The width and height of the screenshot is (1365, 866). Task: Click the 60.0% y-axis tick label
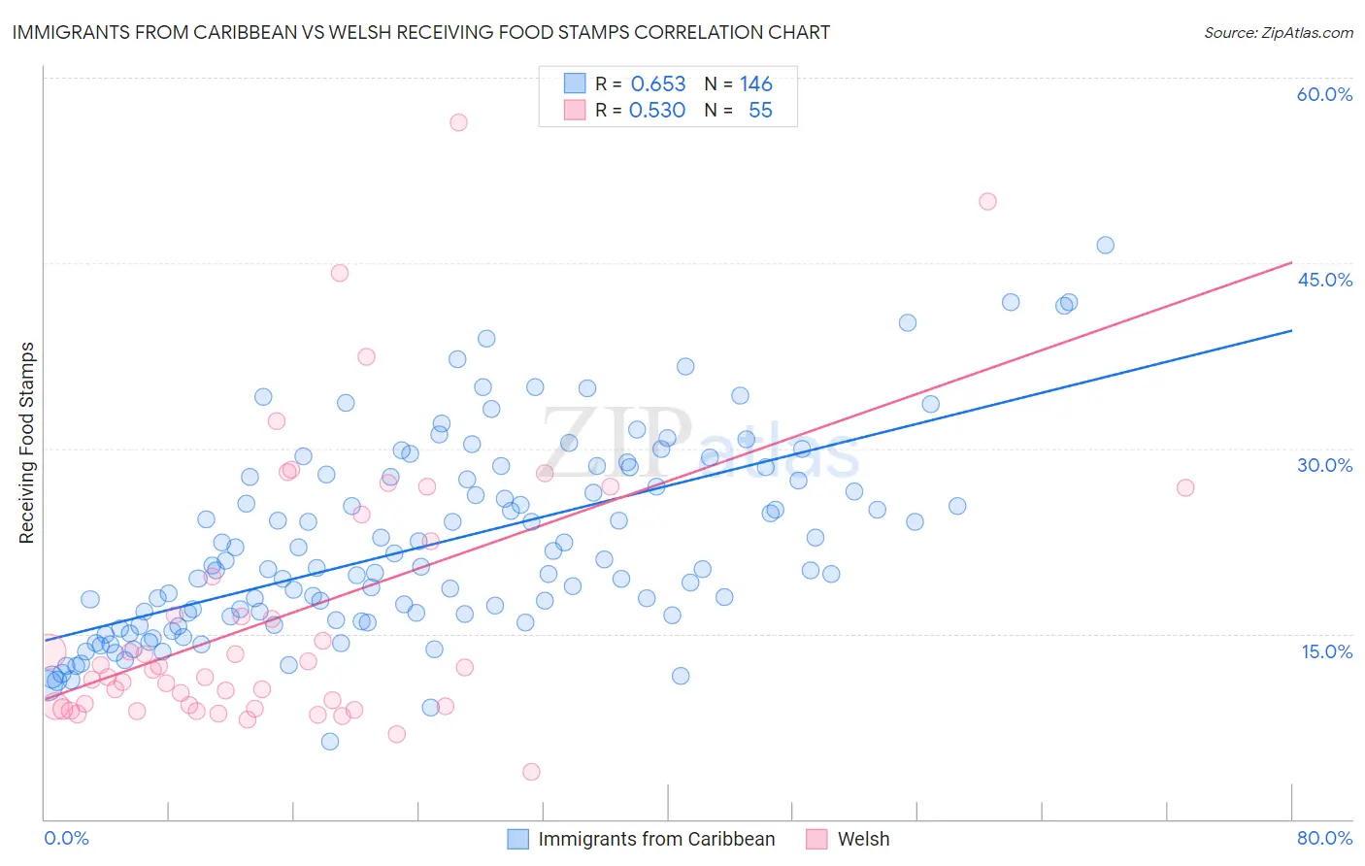tap(1324, 94)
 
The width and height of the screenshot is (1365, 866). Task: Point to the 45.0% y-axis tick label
tap(1324, 280)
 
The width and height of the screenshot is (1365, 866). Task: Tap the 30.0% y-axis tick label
tap(1324, 465)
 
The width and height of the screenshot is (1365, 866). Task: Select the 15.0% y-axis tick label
tap(1326, 650)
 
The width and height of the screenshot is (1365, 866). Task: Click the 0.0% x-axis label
tap(66, 838)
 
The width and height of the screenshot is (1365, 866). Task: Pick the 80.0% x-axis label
tap(1324, 838)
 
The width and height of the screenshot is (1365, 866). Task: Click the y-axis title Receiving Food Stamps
tap(26, 443)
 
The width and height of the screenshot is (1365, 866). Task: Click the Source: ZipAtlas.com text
tap(1278, 32)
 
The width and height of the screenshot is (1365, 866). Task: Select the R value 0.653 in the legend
tap(658, 84)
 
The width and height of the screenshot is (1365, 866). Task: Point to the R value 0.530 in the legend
tap(657, 111)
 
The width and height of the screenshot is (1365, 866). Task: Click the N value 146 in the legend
tap(755, 84)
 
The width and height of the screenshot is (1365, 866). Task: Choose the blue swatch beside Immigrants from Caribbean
tap(518, 839)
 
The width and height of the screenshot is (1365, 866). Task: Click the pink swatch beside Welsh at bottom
tap(816, 839)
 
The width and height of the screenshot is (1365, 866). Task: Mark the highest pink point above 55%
tap(458, 122)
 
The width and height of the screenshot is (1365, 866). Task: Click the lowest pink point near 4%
tap(531, 772)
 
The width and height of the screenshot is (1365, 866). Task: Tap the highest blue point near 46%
tap(1105, 245)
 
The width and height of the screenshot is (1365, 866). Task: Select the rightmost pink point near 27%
tap(1185, 487)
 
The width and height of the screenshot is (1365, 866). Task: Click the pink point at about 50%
tap(987, 202)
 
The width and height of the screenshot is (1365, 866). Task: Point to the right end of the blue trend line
tap(1291, 331)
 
